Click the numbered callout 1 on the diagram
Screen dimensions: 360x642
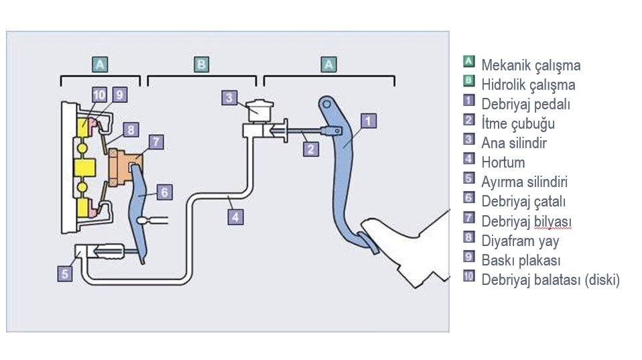(369, 121)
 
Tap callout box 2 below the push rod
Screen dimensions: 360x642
(310, 149)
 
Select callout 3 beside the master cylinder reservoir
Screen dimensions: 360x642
(230, 98)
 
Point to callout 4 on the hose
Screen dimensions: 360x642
(235, 217)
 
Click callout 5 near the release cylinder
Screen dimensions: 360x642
(65, 274)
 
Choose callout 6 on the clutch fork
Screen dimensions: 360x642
(165, 192)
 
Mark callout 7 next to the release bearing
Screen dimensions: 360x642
(156, 142)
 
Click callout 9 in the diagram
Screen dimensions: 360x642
(119, 95)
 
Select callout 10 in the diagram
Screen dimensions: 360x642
(99, 95)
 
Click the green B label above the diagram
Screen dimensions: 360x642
(201, 64)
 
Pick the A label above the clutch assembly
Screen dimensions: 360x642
(100, 64)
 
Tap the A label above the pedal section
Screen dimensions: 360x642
(328, 64)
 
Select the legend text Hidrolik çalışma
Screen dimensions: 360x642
(527, 85)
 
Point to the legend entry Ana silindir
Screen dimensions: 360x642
(513, 143)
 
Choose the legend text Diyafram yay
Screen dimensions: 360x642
(519, 241)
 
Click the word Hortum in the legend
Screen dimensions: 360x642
(503, 163)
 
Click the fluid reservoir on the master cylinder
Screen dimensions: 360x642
(257, 109)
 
